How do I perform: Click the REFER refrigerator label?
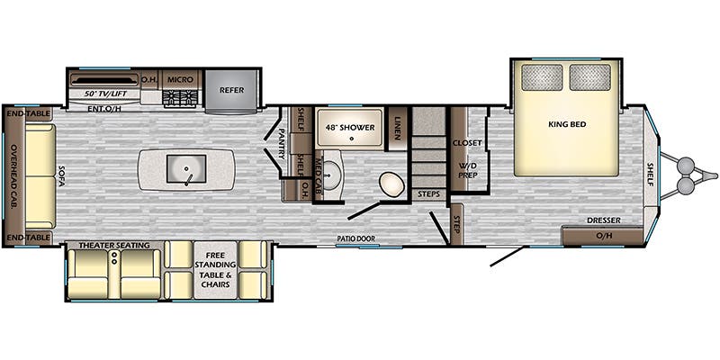[231, 90]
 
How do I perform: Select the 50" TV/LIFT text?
[105, 94]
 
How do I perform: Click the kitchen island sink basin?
[186, 168]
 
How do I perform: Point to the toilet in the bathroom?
[391, 184]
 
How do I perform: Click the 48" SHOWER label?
[350, 127]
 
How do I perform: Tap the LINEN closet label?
[397, 129]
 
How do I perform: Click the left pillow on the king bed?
[542, 77]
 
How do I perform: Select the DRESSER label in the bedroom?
[603, 220]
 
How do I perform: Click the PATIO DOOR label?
[355, 238]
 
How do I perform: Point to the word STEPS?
[429, 193]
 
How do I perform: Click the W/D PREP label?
[467, 170]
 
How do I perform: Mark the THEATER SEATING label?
[114, 245]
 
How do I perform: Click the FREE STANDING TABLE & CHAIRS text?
[215, 269]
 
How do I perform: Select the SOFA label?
[61, 175]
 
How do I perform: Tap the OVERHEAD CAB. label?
[13, 176]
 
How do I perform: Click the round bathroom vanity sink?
[329, 175]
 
